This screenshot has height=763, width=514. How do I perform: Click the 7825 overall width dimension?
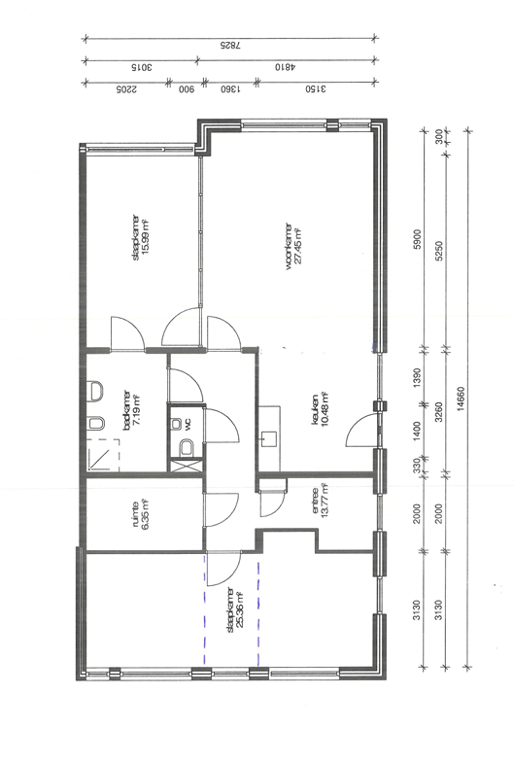click(230, 46)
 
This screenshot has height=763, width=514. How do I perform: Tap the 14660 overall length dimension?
click(461, 399)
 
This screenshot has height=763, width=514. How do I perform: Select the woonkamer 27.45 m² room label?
click(293, 246)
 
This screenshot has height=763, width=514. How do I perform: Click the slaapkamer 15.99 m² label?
click(140, 237)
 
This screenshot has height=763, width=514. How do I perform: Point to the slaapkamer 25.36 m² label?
click(235, 609)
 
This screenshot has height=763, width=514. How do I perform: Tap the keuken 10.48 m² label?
click(320, 409)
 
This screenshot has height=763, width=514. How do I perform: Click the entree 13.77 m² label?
click(320, 501)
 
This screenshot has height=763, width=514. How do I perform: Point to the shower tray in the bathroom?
click(104, 455)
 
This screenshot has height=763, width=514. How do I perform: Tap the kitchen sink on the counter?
click(269, 439)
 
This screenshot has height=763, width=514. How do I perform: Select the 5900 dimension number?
click(417, 239)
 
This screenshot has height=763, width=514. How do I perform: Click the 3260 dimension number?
click(439, 412)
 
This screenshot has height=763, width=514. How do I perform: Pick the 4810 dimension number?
click(285, 67)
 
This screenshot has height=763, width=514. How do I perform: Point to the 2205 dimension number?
click(126, 89)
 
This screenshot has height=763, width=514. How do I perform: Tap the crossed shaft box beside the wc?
click(186, 466)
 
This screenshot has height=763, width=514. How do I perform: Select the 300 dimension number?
click(439, 136)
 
